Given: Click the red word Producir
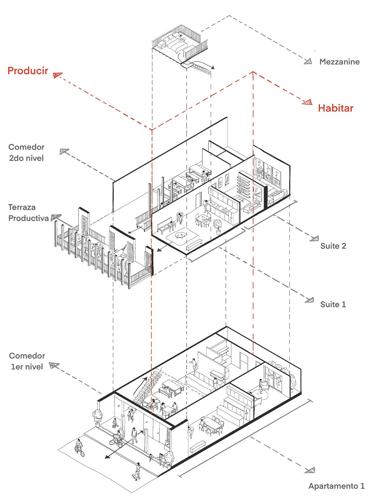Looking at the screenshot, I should tap(28, 71).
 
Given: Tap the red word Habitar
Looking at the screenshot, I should tap(335, 108).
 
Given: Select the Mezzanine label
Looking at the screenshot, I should tap(339, 62).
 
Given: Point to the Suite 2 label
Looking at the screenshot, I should tap(333, 246).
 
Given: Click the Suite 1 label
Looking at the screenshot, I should tap(333, 305).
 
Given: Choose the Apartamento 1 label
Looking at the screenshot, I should tap(336, 486).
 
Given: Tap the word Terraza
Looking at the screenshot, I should tap(22, 207).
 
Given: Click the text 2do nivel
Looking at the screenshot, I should tap(26, 158).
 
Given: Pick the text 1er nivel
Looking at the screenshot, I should tap(27, 367).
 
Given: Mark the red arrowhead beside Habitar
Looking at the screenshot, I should tap(307, 102).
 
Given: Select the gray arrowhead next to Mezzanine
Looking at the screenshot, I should tap(308, 61).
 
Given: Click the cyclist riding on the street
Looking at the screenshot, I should tap(79, 448).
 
